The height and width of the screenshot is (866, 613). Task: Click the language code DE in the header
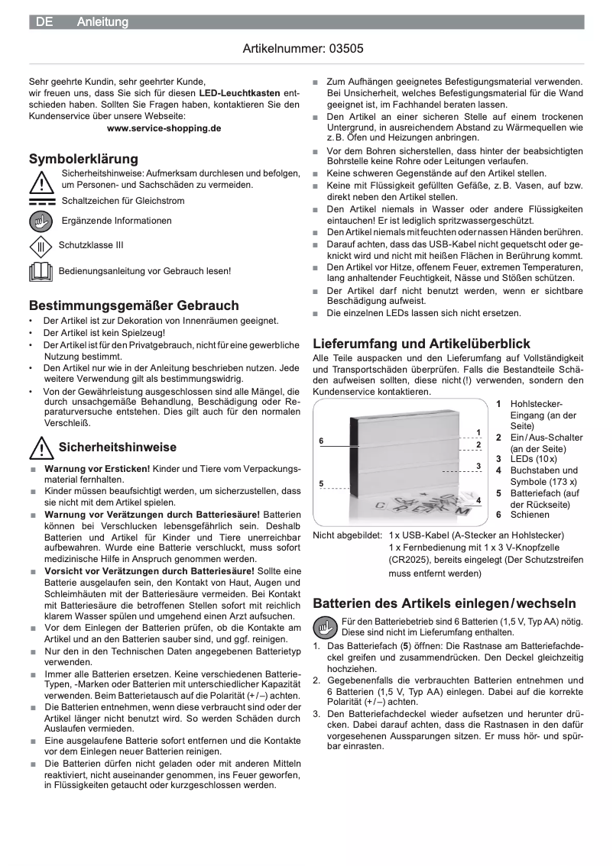pos(44,23)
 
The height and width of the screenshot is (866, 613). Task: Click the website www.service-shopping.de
pos(164,128)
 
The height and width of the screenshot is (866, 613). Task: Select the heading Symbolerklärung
pos(83,159)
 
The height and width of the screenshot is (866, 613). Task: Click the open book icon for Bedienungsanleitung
pos(41,271)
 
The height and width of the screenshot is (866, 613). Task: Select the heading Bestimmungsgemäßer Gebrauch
pos(134,305)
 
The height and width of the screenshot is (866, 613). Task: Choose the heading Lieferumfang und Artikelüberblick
pos(421,344)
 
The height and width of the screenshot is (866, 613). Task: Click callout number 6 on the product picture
pos(321,441)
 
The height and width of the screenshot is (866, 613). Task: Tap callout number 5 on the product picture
pos(321,483)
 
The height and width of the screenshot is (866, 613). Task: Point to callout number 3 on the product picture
pos(478,466)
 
